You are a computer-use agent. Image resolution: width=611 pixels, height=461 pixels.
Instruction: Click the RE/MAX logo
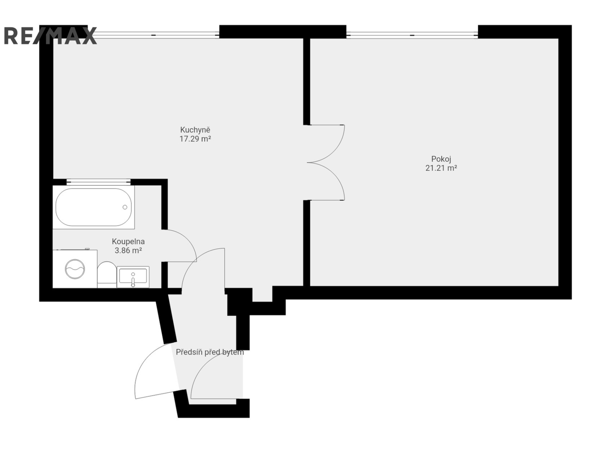point(50,35)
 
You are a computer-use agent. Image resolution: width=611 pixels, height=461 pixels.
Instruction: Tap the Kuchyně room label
point(195,130)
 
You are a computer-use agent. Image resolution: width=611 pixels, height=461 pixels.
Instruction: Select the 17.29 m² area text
point(195,139)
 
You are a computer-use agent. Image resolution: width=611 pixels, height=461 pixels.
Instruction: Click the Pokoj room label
point(441,159)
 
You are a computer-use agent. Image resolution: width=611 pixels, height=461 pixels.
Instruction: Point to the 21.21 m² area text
point(441,168)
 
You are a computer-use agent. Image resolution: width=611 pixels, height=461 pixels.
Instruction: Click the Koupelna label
point(129,241)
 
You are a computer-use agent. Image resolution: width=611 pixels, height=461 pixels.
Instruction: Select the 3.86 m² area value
point(129,251)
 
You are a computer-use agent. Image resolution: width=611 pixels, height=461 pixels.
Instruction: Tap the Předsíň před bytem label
point(210,352)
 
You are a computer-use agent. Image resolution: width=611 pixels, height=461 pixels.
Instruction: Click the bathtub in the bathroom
point(94,207)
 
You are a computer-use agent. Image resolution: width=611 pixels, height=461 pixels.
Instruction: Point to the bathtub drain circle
point(125,207)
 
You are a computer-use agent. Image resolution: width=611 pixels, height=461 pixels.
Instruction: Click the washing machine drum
point(75,269)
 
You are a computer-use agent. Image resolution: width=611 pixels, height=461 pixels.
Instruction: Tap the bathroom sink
point(133,277)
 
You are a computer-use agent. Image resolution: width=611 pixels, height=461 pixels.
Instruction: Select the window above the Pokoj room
point(412,35)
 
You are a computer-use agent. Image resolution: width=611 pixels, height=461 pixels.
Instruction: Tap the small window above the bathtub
point(99,182)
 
